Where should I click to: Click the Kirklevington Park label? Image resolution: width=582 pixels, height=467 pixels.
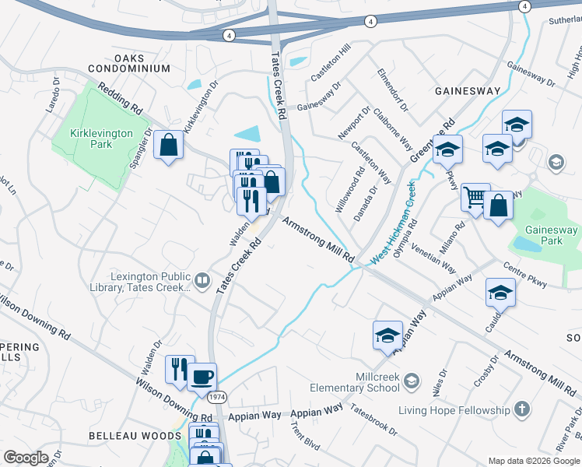coord(101,139)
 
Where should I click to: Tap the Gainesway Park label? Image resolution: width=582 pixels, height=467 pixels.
coord(551,235)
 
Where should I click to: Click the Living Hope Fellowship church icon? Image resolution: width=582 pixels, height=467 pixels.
coord(522,409)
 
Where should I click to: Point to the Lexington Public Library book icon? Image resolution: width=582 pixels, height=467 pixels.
coord(202,279)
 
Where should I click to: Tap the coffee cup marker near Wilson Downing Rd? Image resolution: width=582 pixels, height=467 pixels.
coord(202,377)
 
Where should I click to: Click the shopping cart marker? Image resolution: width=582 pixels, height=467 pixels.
coord(475,196)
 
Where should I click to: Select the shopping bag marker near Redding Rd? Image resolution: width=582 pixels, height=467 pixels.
coord(168,145)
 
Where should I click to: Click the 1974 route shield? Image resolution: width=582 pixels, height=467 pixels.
coord(217,398)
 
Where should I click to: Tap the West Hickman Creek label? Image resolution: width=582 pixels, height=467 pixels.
coord(394,225)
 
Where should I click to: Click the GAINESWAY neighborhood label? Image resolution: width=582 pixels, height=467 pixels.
coord(467,91)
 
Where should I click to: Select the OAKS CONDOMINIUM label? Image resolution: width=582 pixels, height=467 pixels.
coord(141,63)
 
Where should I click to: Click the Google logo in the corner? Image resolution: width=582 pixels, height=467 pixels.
coord(26,457)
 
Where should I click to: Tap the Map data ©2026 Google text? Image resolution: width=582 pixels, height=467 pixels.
coord(534,461)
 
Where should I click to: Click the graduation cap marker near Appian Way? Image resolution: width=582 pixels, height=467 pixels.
coord(500,292)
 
